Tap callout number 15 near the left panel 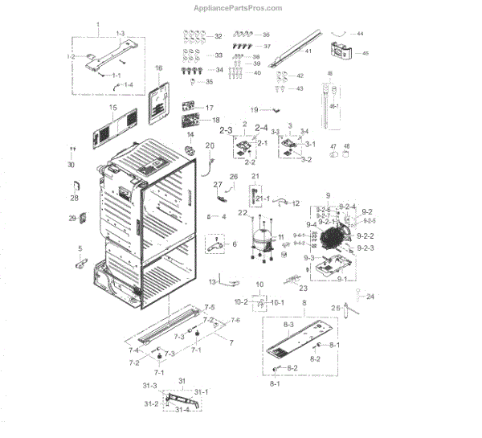[x=113, y=108]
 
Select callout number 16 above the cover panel [x=159, y=68]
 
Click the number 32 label [x=218, y=37]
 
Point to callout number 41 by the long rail [x=307, y=51]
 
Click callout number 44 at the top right [x=359, y=34]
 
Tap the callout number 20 [x=210, y=145]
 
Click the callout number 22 [x=242, y=212]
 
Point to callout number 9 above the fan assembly [x=328, y=196]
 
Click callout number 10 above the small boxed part [x=259, y=284]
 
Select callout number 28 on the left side [x=74, y=198]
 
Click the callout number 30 [x=71, y=165]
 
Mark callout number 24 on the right [x=370, y=297]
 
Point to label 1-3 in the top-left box [x=120, y=33]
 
